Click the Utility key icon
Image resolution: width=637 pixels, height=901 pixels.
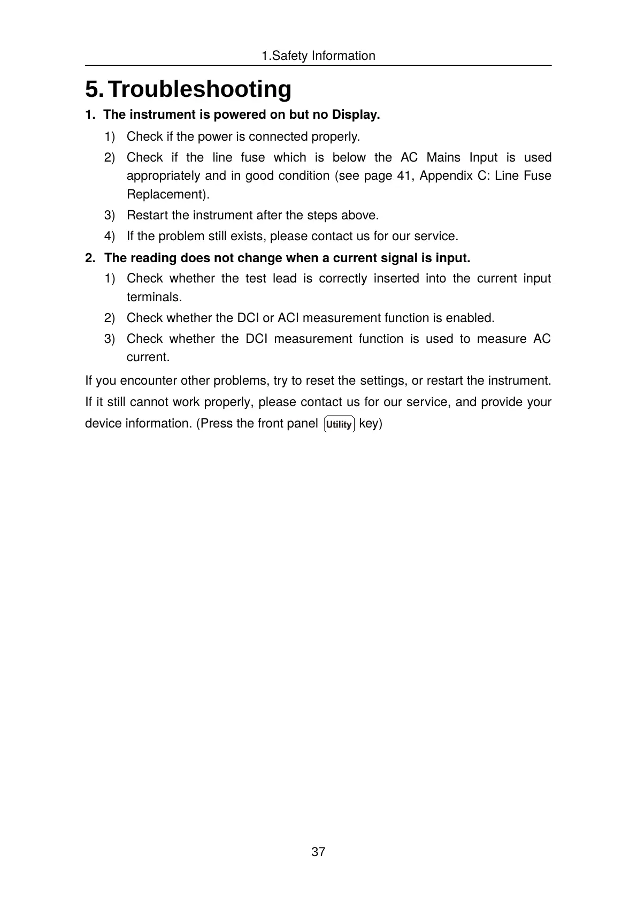click(x=339, y=424)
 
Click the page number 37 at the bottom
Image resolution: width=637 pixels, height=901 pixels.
click(x=318, y=852)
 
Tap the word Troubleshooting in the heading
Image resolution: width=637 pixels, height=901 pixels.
click(x=199, y=89)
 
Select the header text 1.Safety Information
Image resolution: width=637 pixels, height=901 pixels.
click(x=318, y=56)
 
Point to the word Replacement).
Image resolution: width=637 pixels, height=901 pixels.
click(x=168, y=194)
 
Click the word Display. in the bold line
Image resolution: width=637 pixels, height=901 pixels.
click(x=356, y=114)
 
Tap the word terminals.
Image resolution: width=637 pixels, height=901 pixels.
click(x=154, y=297)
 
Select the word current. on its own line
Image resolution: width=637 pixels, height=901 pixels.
click(x=148, y=357)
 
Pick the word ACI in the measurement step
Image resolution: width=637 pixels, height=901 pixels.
click(x=288, y=318)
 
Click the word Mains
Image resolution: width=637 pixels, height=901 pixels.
click(x=443, y=157)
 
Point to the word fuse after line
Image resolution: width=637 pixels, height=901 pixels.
click(x=252, y=157)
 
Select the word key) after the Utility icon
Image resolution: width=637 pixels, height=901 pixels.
click(x=370, y=424)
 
